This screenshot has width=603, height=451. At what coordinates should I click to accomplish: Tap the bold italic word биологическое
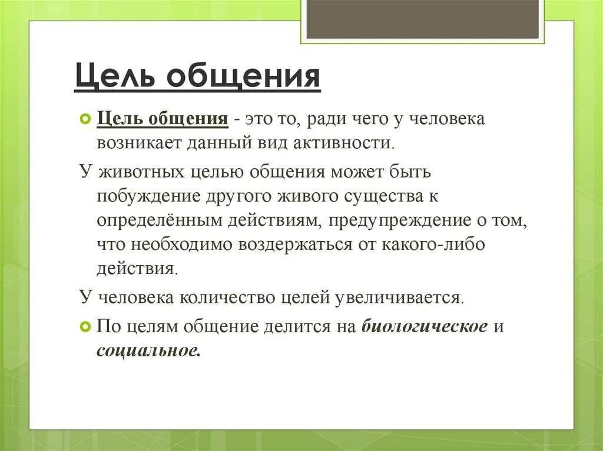click(424, 326)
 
